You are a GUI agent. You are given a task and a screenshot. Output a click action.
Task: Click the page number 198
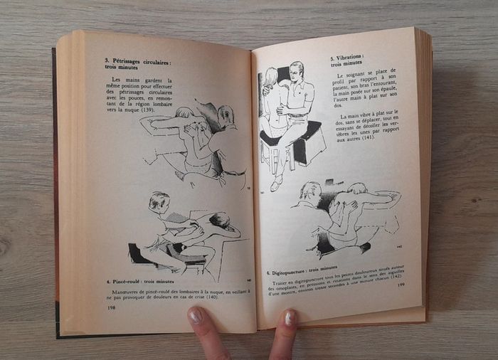(111, 307)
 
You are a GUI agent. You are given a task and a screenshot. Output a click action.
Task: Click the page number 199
(401, 285)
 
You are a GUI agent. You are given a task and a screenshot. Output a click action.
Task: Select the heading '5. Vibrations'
(346, 56)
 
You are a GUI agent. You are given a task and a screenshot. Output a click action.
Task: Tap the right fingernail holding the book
(290, 318)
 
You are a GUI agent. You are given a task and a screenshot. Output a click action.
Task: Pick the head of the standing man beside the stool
(297, 71)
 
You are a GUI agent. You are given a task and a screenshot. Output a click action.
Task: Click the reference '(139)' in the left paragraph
(148, 110)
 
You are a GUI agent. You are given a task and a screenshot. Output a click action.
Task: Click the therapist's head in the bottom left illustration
(159, 201)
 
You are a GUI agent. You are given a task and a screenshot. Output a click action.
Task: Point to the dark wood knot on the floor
(5, 246)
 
